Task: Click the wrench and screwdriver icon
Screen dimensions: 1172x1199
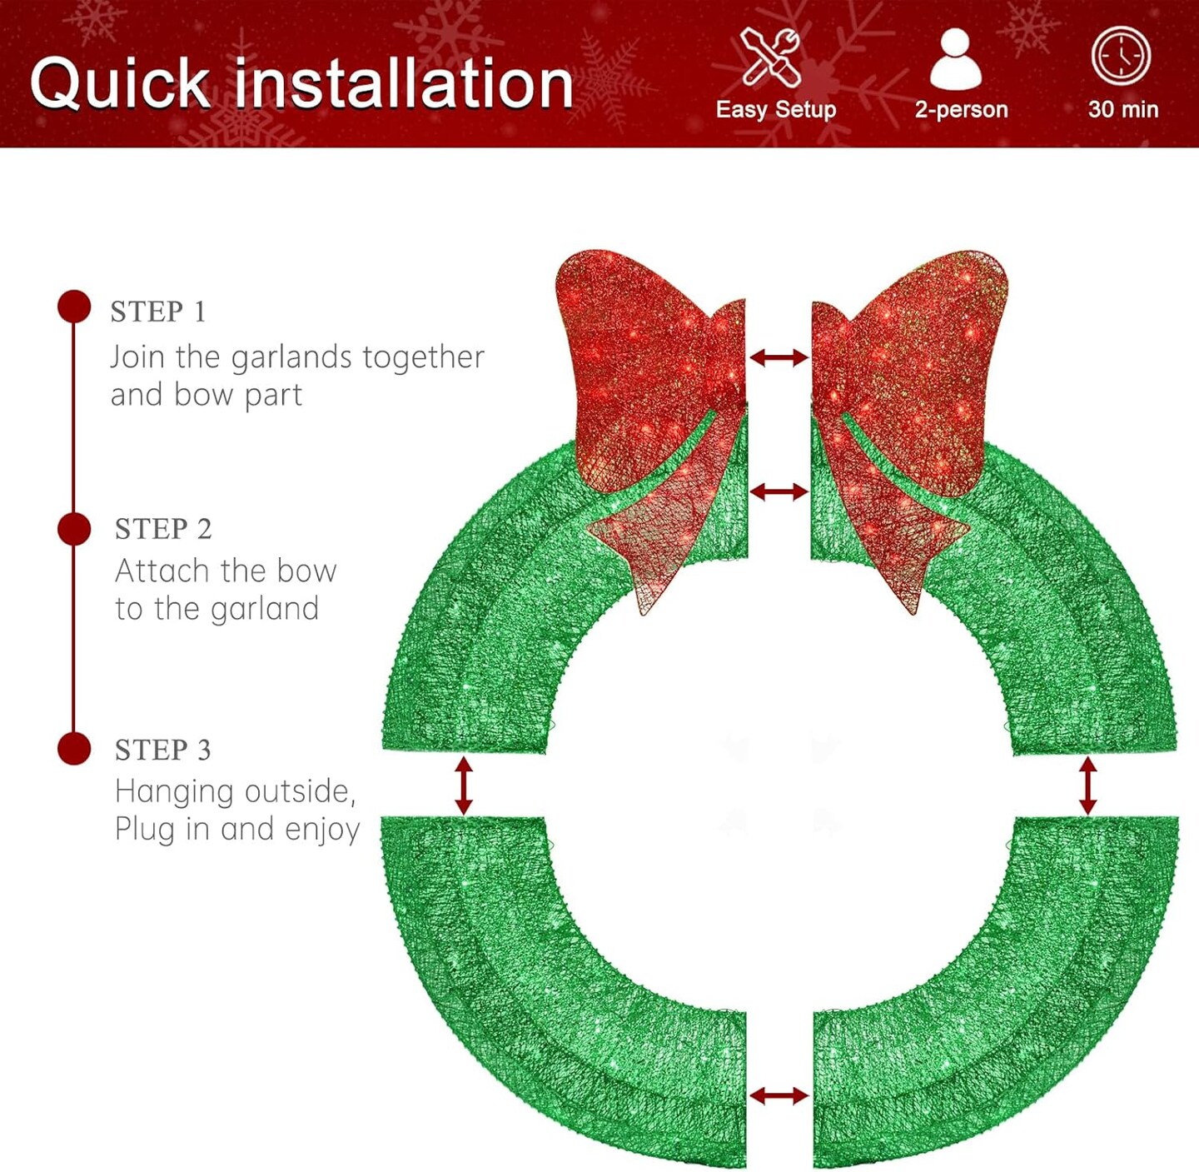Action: point(771,57)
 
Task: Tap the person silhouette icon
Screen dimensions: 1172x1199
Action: point(955,60)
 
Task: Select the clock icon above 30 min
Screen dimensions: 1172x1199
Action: point(1121,56)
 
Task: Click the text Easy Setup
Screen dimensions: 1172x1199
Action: point(776,109)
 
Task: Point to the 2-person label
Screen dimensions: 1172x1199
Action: point(961,109)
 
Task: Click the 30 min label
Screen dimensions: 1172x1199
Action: point(1122,109)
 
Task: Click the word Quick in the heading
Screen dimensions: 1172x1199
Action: point(121,84)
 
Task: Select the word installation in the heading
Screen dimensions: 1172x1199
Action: point(404,84)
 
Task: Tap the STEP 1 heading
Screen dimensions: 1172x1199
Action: point(158,312)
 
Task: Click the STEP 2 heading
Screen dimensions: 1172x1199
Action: point(163,529)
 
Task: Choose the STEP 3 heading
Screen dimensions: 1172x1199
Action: point(162,750)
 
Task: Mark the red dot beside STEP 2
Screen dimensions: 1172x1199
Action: point(74,529)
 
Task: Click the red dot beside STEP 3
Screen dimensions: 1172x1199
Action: point(74,748)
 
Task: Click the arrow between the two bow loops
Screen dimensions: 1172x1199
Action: point(779,357)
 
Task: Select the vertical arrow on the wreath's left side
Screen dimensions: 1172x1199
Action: point(464,785)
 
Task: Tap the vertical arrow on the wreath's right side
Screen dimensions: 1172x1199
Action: point(1087,785)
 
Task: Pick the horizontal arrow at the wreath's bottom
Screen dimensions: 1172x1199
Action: point(779,1095)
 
